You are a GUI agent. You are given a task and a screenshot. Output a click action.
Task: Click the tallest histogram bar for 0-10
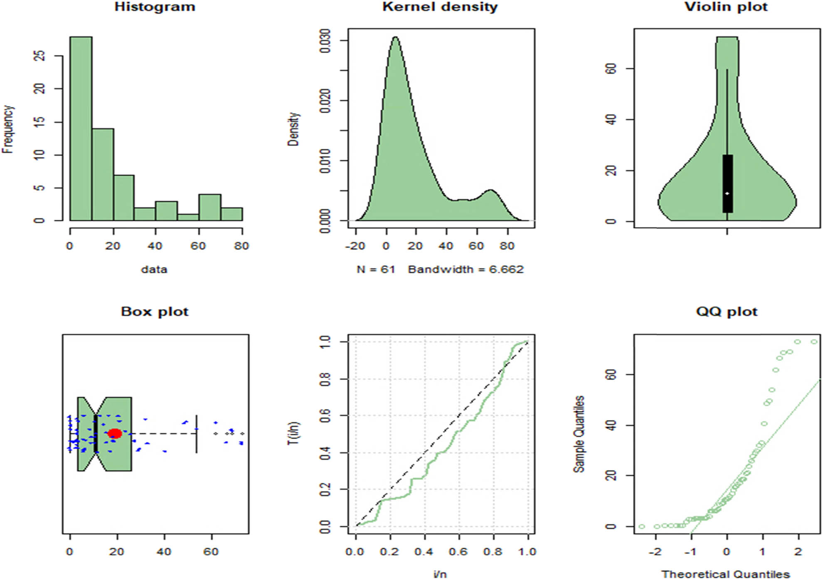(81, 129)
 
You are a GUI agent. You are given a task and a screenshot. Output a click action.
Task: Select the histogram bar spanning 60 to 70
(209, 207)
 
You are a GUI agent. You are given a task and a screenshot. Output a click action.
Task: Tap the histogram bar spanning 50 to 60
(188, 217)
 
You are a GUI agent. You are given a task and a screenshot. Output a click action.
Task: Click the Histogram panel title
(155, 7)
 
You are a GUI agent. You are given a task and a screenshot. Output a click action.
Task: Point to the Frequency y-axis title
(8, 129)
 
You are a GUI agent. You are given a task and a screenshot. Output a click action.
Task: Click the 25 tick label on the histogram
(39, 56)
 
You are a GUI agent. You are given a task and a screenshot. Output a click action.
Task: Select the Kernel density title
(440, 7)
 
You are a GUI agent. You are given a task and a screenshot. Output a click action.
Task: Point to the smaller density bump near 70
(491, 191)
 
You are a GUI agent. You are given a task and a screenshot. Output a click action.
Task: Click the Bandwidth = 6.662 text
(466, 270)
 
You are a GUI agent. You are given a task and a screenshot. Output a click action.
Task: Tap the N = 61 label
(376, 270)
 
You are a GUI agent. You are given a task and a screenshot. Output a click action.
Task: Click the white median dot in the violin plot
(727, 194)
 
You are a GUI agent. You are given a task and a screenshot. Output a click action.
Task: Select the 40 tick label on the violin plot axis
(611, 120)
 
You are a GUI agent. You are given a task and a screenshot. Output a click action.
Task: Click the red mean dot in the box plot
(115, 433)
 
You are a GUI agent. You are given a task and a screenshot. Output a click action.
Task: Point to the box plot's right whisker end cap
(196, 433)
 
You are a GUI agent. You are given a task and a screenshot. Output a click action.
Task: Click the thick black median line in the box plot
(96, 433)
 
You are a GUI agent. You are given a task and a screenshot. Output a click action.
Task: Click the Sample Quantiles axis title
(579, 434)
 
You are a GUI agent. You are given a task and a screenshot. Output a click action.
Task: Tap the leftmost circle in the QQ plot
(641, 526)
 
